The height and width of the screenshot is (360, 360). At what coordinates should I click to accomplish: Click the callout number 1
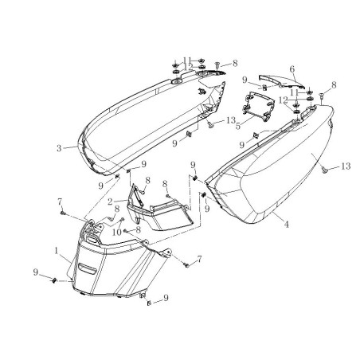(57, 250)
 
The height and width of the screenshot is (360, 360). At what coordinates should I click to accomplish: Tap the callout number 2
(110, 202)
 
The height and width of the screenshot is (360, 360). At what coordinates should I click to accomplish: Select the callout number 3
(59, 148)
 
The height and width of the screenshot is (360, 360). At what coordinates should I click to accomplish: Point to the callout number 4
(287, 225)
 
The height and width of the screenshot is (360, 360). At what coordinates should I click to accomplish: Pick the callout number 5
(238, 126)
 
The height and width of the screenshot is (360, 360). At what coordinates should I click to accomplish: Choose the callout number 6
(292, 69)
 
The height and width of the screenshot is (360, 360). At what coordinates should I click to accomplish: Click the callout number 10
(117, 233)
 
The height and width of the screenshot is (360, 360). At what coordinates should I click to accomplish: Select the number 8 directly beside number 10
(138, 229)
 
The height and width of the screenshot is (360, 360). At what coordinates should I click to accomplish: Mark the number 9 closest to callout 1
(36, 272)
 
